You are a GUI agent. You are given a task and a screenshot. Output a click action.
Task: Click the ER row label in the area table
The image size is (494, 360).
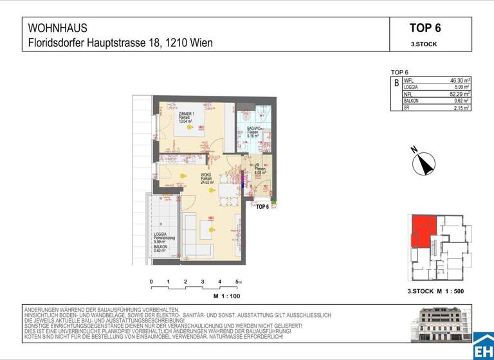point(407,108)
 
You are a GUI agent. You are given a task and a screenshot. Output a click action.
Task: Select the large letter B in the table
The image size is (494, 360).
point(396,84)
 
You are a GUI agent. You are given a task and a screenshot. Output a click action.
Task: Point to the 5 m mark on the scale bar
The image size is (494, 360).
point(238,282)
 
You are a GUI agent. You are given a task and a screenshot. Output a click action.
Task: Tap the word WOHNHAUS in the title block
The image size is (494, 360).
point(58,28)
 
